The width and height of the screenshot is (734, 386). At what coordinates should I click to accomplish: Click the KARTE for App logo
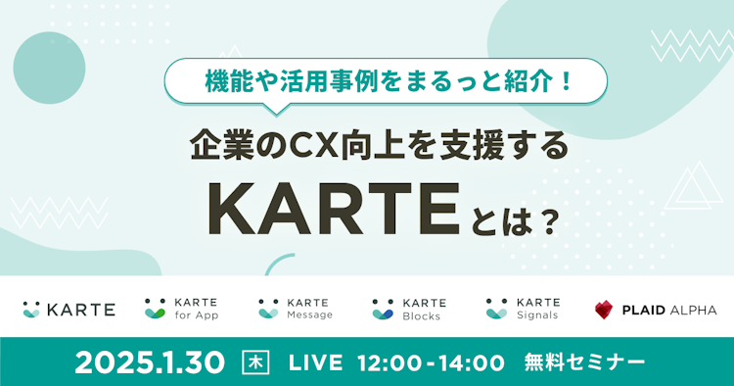click(x=181, y=310)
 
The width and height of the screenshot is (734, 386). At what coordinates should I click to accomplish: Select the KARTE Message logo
click(x=296, y=310)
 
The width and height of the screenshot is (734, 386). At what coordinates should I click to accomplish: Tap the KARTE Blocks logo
click(x=409, y=310)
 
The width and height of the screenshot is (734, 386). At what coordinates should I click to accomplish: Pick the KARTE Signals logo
click(x=523, y=310)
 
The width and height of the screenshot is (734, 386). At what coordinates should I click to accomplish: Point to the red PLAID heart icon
click(x=605, y=310)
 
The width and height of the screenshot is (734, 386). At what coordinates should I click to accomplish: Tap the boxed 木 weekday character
click(x=253, y=362)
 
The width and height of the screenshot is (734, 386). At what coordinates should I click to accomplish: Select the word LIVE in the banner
click(x=315, y=362)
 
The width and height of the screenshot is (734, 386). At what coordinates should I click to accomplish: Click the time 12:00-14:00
click(x=433, y=362)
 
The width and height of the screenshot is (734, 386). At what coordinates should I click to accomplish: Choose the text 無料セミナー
click(x=585, y=362)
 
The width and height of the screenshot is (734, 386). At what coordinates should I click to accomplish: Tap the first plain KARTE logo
click(x=69, y=310)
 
